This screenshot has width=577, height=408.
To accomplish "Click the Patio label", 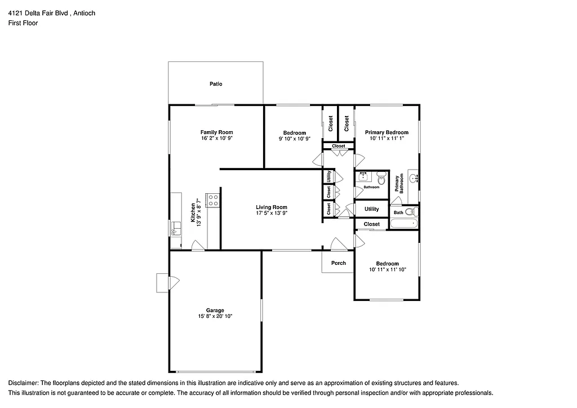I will (216, 84).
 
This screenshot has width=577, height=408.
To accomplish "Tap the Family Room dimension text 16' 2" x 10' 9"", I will (217, 138).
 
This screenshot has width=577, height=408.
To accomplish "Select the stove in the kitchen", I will (212, 200).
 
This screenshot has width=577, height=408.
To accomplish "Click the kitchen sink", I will (176, 228).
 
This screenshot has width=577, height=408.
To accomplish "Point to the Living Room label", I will (272, 207).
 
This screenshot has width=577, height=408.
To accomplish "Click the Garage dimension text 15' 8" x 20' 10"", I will (215, 317).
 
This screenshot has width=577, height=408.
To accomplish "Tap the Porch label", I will (338, 263).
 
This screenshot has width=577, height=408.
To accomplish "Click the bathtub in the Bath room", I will (403, 224).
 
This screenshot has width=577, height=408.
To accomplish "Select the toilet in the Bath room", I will (413, 212).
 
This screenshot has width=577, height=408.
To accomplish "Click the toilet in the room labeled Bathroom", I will (381, 180).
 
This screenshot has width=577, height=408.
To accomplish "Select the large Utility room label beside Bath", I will (371, 209).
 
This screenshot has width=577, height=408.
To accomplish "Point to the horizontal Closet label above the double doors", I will (338, 146).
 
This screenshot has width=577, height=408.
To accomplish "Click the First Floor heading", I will (23, 23).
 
